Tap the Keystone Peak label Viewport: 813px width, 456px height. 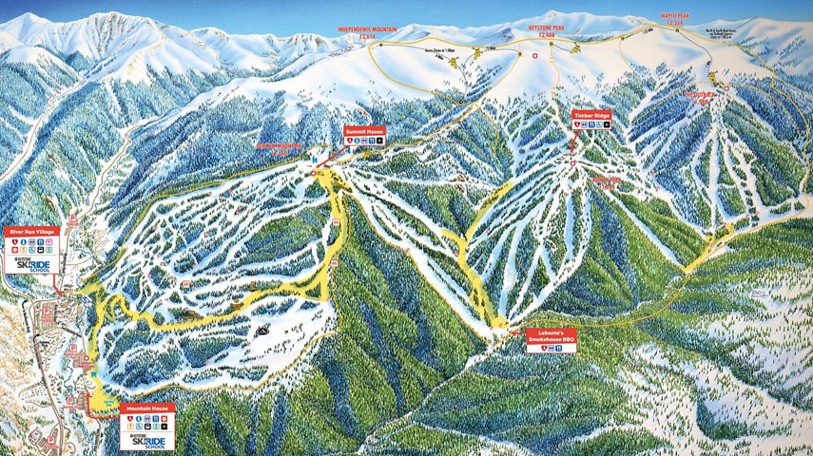[547, 29]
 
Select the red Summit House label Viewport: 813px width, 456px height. [363, 132]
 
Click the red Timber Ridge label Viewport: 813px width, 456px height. [590, 115]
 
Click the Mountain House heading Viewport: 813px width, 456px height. [147, 408]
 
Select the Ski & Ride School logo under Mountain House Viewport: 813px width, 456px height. [147, 442]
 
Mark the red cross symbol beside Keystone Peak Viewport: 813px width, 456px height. [533, 56]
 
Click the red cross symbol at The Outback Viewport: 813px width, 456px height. [726, 88]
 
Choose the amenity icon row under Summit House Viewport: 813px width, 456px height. [364, 141]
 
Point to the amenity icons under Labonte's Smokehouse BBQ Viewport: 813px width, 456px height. [553, 348]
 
